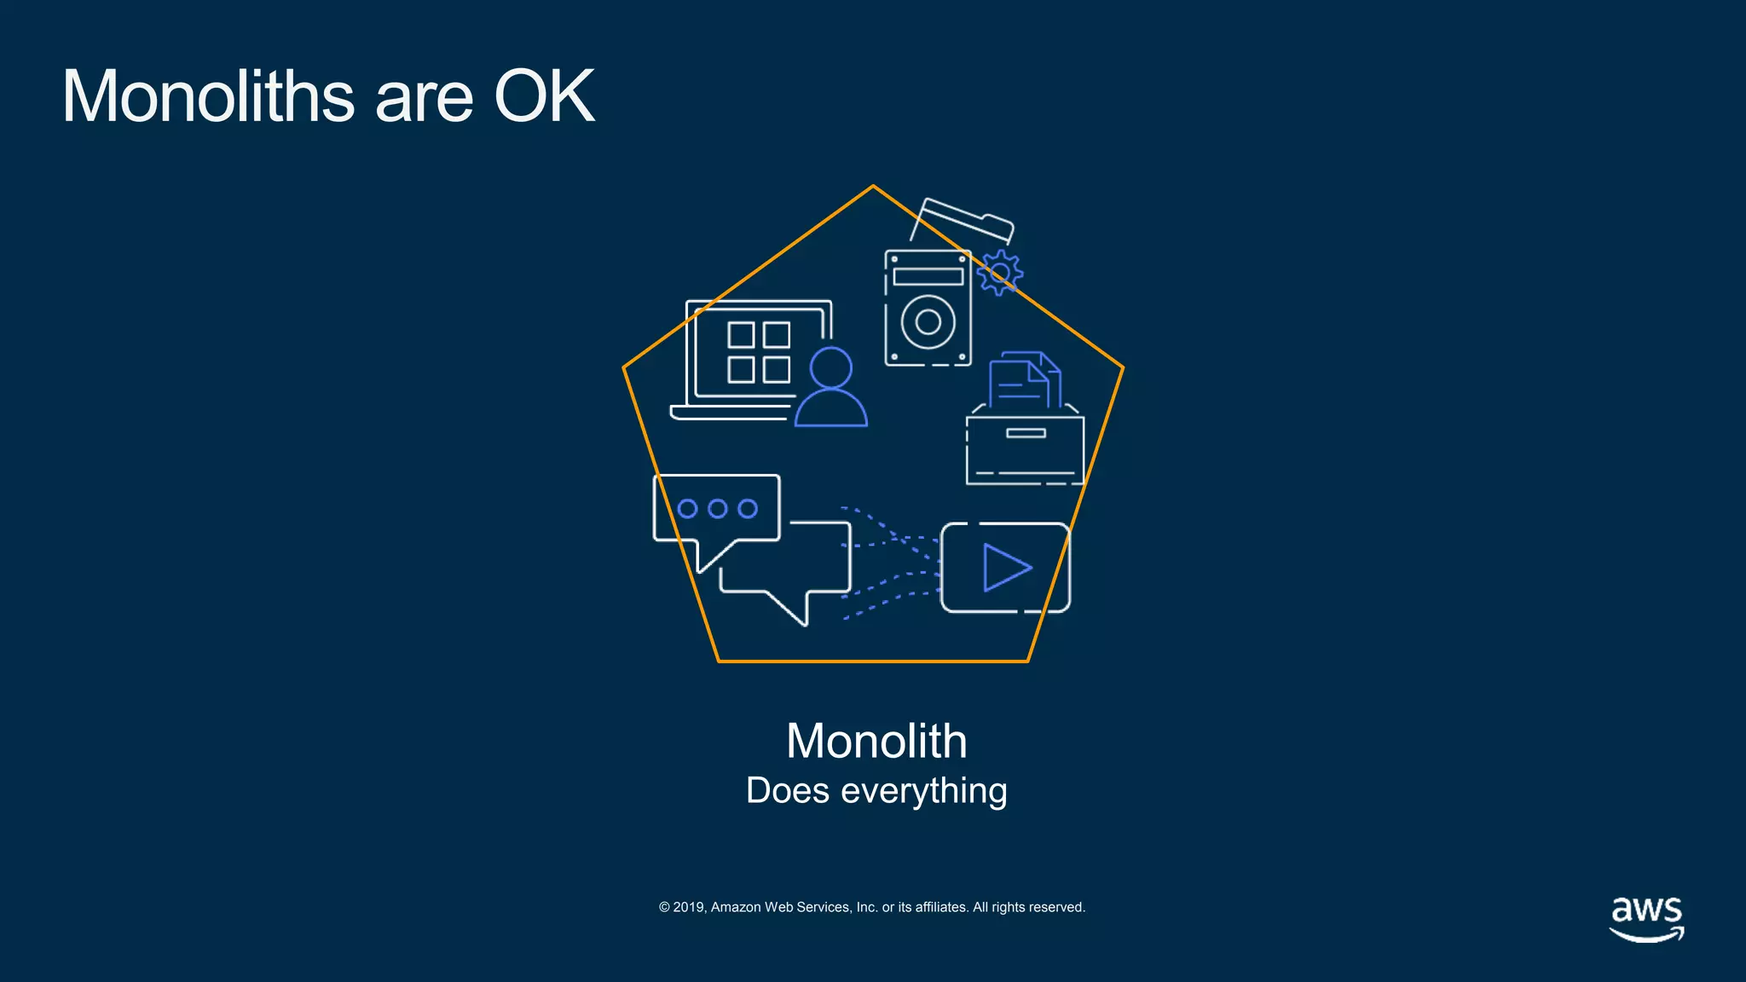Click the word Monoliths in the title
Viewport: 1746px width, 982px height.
(208, 95)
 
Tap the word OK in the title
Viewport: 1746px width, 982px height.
(544, 95)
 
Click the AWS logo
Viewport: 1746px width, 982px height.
(1646, 918)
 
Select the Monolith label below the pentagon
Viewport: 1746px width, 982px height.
(876, 740)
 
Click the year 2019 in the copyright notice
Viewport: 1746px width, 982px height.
(689, 907)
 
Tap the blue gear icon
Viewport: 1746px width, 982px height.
(999, 273)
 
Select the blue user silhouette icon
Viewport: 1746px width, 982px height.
(831, 388)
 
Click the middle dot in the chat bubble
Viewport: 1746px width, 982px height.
(718, 509)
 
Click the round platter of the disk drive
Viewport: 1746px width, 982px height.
(928, 322)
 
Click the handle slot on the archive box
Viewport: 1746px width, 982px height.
(1026, 433)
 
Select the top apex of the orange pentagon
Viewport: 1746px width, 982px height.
(873, 186)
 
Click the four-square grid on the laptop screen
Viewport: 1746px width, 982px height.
(759, 352)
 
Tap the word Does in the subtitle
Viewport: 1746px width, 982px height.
(787, 791)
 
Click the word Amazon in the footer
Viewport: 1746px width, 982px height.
(736, 907)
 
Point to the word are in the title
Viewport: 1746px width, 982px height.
(423, 95)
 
